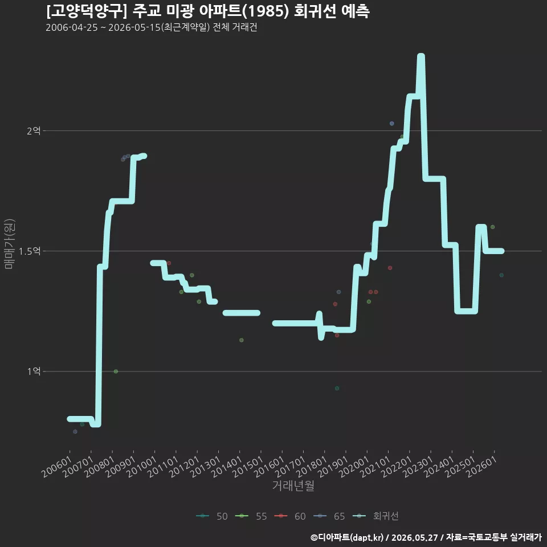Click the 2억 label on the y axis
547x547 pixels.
[x=34, y=131]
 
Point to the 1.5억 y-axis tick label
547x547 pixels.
[x=30, y=251]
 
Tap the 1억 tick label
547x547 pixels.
[x=34, y=371]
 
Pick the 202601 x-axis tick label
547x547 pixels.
[x=482, y=467]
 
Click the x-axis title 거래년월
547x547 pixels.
[x=293, y=485]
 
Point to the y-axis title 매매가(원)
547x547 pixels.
[x=9, y=244]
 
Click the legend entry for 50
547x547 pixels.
[x=212, y=516]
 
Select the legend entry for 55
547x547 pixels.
[x=251, y=516]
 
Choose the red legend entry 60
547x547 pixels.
[x=290, y=516]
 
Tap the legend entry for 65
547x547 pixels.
[x=329, y=516]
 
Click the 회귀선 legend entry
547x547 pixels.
[x=375, y=516]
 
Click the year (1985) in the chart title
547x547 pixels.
[x=266, y=11]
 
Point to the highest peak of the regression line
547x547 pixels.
[x=421, y=55]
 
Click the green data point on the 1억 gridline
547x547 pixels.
[x=116, y=372]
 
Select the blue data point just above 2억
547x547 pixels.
[x=392, y=124]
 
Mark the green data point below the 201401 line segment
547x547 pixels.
[x=242, y=340]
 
